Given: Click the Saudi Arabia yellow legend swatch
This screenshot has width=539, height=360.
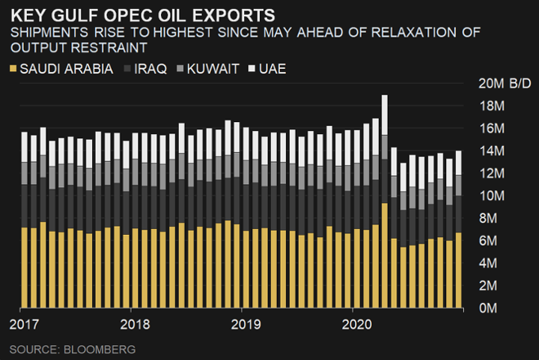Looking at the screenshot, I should [13, 70].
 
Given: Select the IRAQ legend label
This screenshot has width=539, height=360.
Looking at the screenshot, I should [154, 70].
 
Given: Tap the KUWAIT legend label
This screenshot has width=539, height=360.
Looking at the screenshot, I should [213, 70].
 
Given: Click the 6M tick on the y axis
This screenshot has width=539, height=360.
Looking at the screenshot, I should [493, 241].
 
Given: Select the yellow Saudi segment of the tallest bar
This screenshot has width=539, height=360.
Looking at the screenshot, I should [385, 254].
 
